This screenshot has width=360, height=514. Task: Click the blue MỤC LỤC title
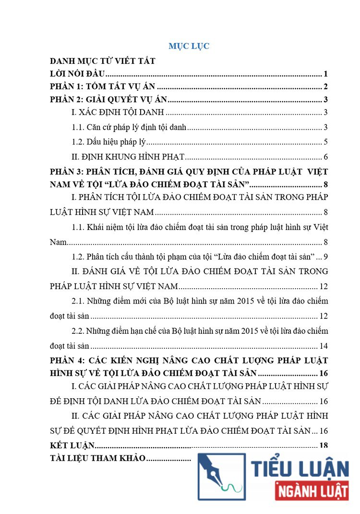189,47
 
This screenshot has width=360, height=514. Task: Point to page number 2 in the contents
325,87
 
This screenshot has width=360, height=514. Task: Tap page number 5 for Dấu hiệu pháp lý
325,142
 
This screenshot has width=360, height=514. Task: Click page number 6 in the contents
325,157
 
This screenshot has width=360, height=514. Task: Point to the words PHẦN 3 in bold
65,171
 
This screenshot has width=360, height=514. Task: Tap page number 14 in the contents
323,346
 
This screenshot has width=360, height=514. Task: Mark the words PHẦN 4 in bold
65,360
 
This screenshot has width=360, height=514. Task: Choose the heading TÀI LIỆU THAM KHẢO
97,458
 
